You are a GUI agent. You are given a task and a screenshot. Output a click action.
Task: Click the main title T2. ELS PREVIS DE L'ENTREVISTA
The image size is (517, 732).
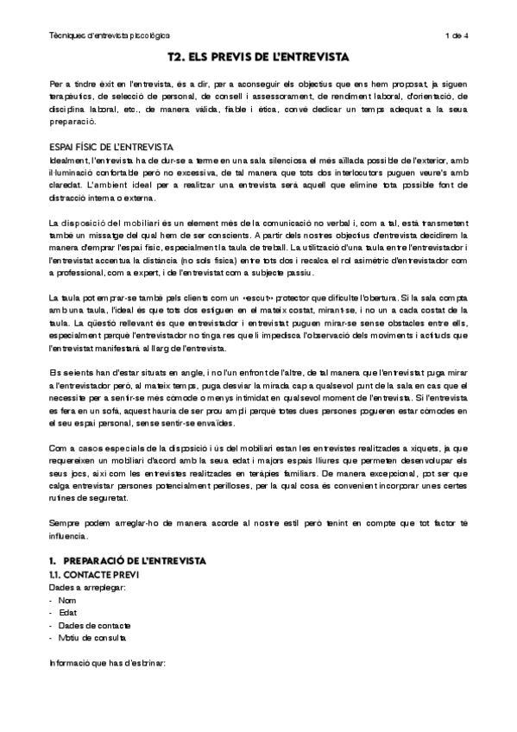tap(258, 58)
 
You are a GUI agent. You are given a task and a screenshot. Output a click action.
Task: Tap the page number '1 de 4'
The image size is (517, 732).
tap(456, 35)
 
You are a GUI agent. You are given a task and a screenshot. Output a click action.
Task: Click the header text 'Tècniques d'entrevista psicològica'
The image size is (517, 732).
tap(110, 35)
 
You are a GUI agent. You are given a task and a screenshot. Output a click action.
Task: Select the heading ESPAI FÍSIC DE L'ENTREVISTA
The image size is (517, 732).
tap(111, 148)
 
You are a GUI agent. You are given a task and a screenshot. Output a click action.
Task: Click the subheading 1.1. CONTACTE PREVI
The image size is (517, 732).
tap(92, 575)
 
